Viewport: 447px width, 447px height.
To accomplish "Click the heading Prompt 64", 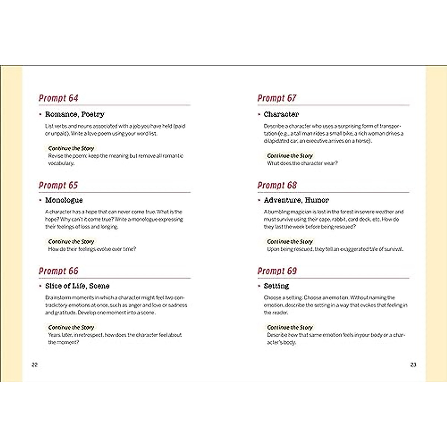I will [x=58, y=98].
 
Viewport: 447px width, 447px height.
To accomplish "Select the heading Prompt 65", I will [x=58, y=185].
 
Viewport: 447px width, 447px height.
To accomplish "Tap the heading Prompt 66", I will [x=58, y=271].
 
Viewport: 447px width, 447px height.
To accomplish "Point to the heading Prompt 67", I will [x=277, y=98].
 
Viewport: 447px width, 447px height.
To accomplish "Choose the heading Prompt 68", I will [x=277, y=185].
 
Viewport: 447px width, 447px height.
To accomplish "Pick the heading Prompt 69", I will [x=277, y=271].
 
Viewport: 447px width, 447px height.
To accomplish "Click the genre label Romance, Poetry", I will [x=74, y=114].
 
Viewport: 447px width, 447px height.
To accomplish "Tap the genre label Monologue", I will [x=64, y=200].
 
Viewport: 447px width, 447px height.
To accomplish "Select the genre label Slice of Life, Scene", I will [x=77, y=286].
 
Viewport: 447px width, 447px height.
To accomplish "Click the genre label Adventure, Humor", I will [x=296, y=200].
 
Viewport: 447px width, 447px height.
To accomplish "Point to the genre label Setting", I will [x=276, y=286].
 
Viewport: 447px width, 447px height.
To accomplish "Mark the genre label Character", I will [x=281, y=114].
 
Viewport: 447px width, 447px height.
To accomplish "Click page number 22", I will [x=35, y=365].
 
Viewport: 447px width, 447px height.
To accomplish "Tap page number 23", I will [x=413, y=365].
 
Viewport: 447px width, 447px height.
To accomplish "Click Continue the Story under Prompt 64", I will [x=71, y=148].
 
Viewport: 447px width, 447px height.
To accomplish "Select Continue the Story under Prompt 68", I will [x=290, y=241].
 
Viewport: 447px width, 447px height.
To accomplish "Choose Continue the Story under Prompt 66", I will [x=71, y=327].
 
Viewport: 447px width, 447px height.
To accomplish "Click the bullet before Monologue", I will [x=40, y=200].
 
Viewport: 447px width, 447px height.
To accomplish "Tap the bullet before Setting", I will [x=259, y=286].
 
